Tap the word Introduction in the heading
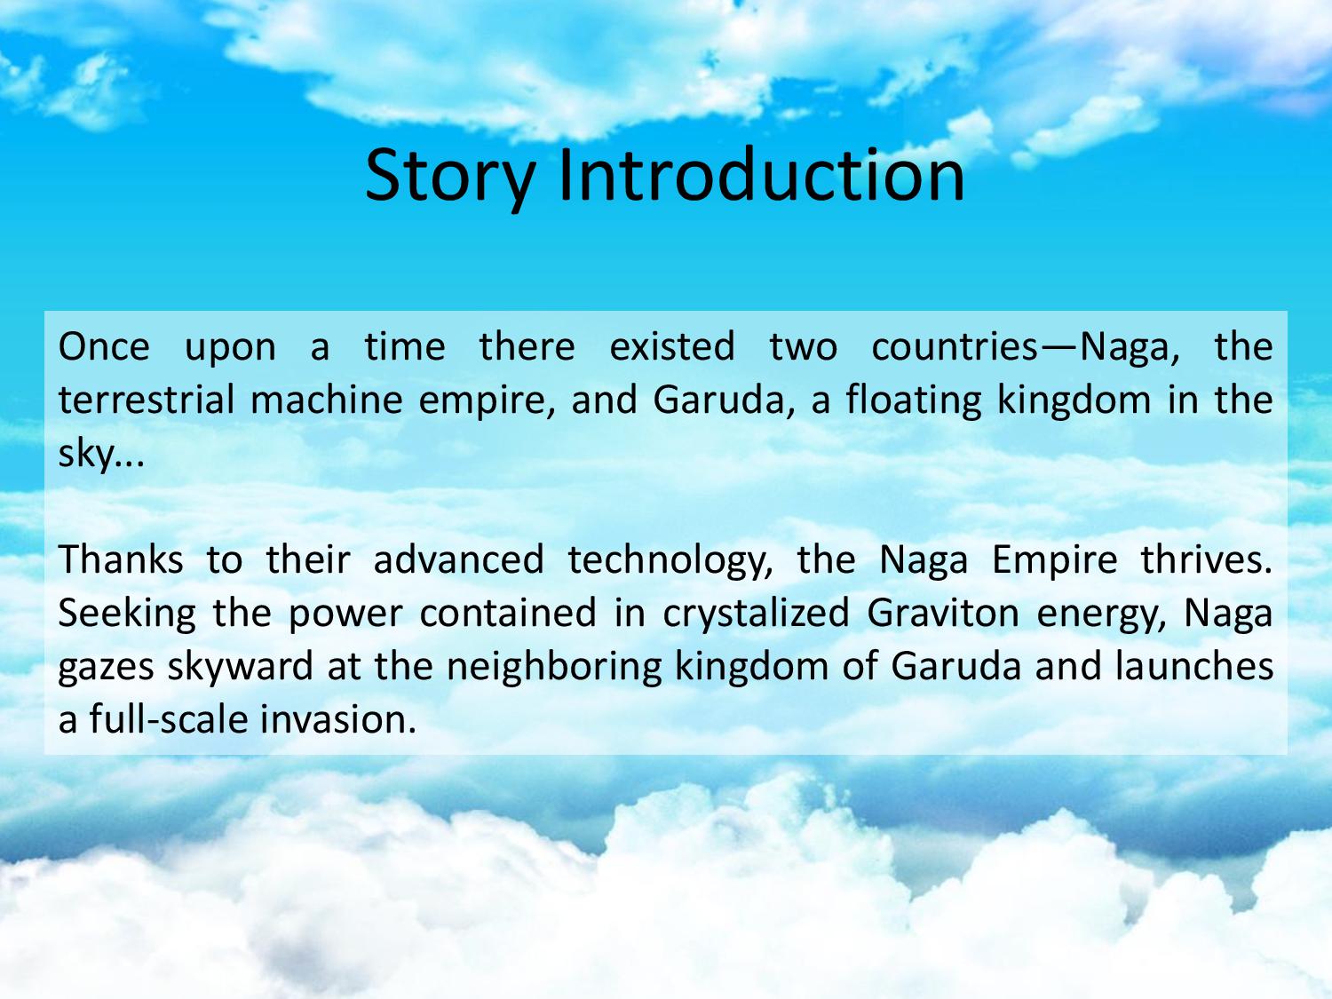tap(762, 175)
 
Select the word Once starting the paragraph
tap(104, 347)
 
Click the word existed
tap(672, 347)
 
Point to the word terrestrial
tap(147, 400)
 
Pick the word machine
tap(327, 400)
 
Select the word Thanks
tap(121, 559)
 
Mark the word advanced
tap(459, 559)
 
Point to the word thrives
tap(1207, 559)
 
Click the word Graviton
tap(943, 613)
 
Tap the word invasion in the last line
tap(338, 719)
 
